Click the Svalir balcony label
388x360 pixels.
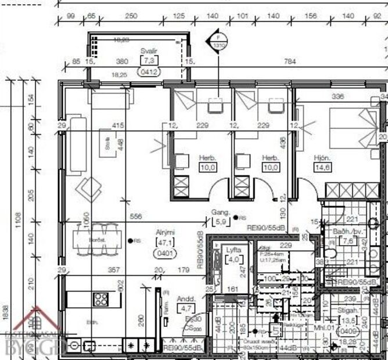tap(149, 52)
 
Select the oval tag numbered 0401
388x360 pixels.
tap(166, 253)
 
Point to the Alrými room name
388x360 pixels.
tap(165, 232)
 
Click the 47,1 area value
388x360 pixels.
tap(166, 243)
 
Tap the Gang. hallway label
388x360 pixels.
tap(221, 212)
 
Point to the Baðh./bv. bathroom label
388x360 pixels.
tap(345, 232)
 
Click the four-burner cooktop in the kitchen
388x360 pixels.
tap(102, 299)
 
